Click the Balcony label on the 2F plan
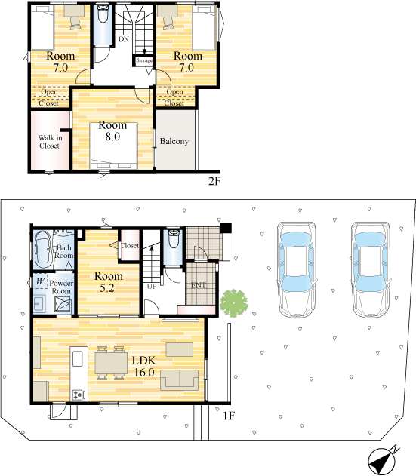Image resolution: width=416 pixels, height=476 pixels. click(x=174, y=141)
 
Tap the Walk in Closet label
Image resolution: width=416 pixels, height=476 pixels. click(x=50, y=142)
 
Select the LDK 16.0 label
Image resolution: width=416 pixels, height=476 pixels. click(x=144, y=366)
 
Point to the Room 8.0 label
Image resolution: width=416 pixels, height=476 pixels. click(x=112, y=131)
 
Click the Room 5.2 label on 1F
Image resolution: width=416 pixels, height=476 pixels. click(x=108, y=281)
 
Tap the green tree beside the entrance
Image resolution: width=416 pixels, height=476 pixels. click(x=234, y=303)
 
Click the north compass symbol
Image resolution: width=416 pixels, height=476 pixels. click(x=383, y=460)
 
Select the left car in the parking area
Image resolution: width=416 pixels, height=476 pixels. click(x=297, y=270)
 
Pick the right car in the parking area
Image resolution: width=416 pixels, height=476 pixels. click(x=371, y=270)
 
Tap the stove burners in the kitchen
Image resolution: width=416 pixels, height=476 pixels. click(x=77, y=395)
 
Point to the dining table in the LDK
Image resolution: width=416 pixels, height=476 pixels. click(x=111, y=363)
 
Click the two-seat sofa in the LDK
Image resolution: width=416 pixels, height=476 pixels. click(x=179, y=379)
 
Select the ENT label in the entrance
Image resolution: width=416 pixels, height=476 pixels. click(x=199, y=285)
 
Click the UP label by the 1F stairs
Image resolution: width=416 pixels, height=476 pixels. click(x=152, y=286)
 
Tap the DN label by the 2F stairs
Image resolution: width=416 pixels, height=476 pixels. click(x=124, y=39)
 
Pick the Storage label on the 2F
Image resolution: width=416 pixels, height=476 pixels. click(x=144, y=60)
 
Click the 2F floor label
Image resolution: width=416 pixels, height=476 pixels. click(x=214, y=181)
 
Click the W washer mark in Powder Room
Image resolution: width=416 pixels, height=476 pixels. click(x=40, y=281)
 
